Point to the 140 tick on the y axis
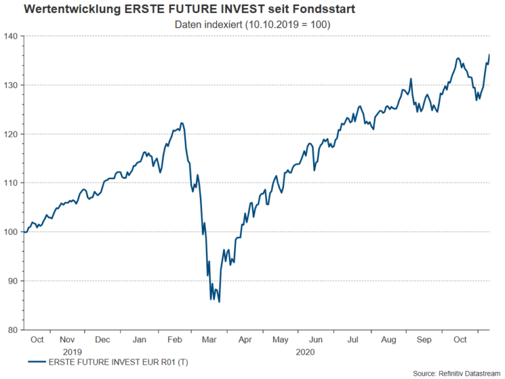12,36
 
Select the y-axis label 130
12,85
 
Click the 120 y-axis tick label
12,134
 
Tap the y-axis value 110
12,183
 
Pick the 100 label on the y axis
12,232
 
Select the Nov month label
68,340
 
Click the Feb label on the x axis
175,340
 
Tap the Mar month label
210,340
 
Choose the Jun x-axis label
316,340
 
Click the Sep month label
424,340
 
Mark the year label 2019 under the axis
72,351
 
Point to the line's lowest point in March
219,301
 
